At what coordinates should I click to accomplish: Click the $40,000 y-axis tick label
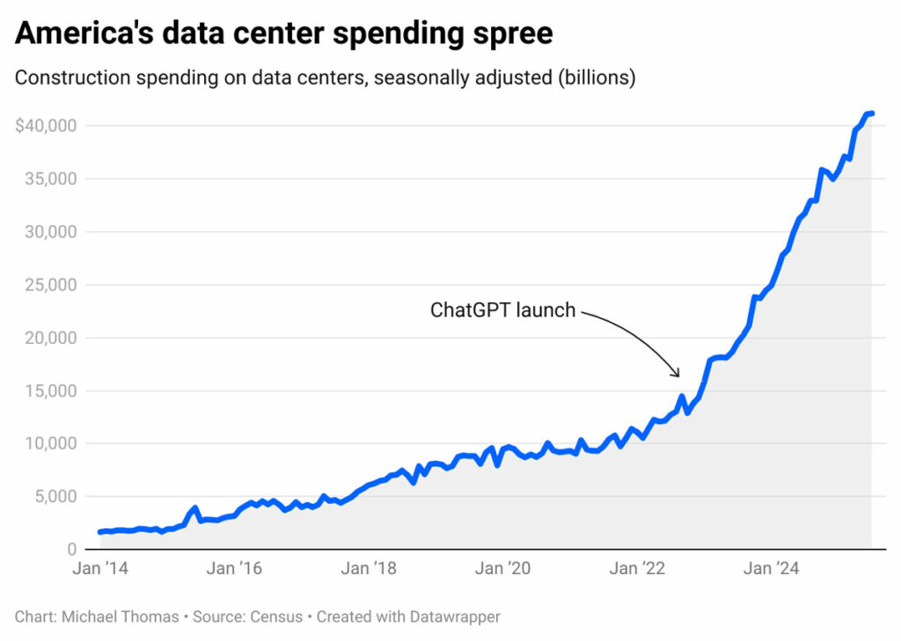pos(46,126)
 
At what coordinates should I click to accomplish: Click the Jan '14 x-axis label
pos(100,569)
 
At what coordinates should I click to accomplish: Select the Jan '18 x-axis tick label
pos(368,569)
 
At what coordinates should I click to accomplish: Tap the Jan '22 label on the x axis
pos(636,569)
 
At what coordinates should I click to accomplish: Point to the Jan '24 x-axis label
pos(771,569)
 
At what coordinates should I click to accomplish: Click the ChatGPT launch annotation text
pos(502,310)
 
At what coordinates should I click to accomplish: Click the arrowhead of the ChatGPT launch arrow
pos(677,374)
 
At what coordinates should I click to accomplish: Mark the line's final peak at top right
pos(870,113)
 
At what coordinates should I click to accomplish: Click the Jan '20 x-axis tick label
pos(502,569)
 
